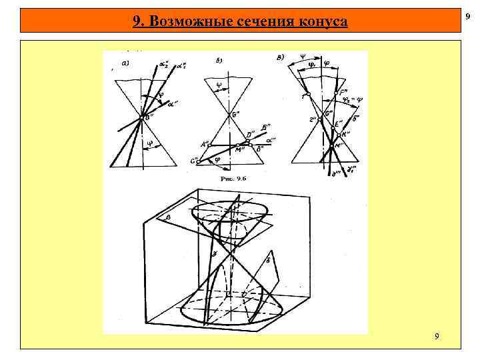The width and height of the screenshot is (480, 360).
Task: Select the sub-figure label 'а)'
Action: [124, 64]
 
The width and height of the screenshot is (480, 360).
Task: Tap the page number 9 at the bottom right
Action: [436, 337]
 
